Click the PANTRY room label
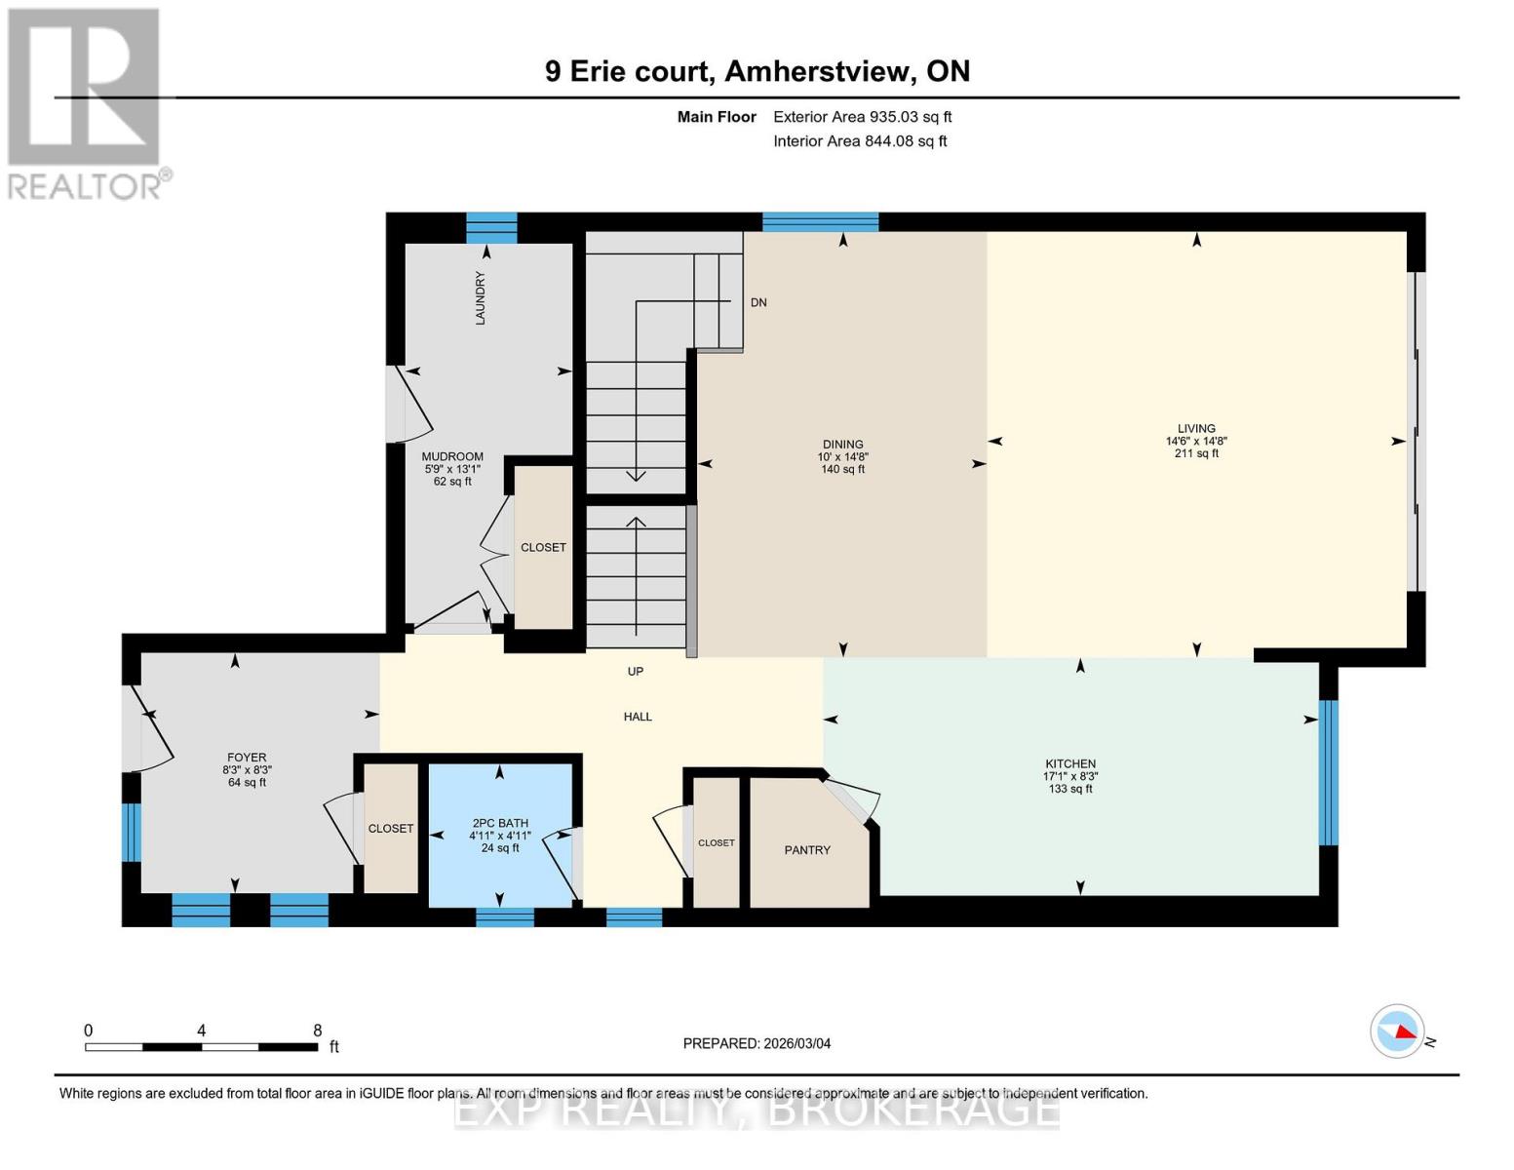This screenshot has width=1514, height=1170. [x=807, y=850]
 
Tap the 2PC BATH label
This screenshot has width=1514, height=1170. [x=499, y=823]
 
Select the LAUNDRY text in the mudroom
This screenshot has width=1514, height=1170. [x=480, y=297]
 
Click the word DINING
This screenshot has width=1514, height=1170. [x=842, y=445]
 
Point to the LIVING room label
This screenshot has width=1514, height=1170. [x=1196, y=428]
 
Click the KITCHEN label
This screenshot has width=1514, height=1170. [x=1070, y=764]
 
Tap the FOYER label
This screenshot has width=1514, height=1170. [x=247, y=758]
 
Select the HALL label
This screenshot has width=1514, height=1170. [x=638, y=717]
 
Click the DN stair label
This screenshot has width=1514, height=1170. [x=758, y=302]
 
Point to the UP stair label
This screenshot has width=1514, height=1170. [x=636, y=672]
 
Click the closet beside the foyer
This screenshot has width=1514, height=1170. [x=390, y=829]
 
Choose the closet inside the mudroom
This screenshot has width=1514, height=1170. [x=543, y=548]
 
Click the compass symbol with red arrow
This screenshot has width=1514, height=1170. [x=1397, y=1031]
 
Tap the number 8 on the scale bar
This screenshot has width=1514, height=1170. [x=318, y=1031]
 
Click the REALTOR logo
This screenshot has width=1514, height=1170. [x=86, y=102]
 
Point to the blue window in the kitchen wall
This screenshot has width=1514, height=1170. [x=1328, y=772]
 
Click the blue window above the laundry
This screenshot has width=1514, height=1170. [x=491, y=227]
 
